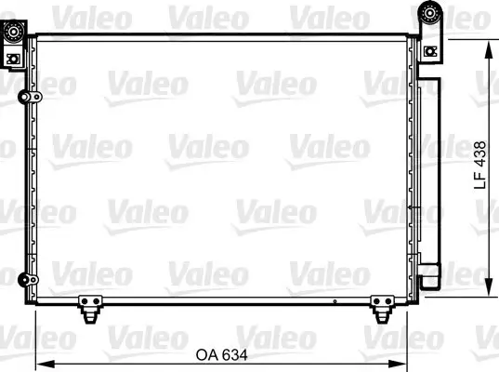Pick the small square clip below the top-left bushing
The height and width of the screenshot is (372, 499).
(x=12, y=58)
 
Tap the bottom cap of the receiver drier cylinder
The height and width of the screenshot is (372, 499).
(x=429, y=276)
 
